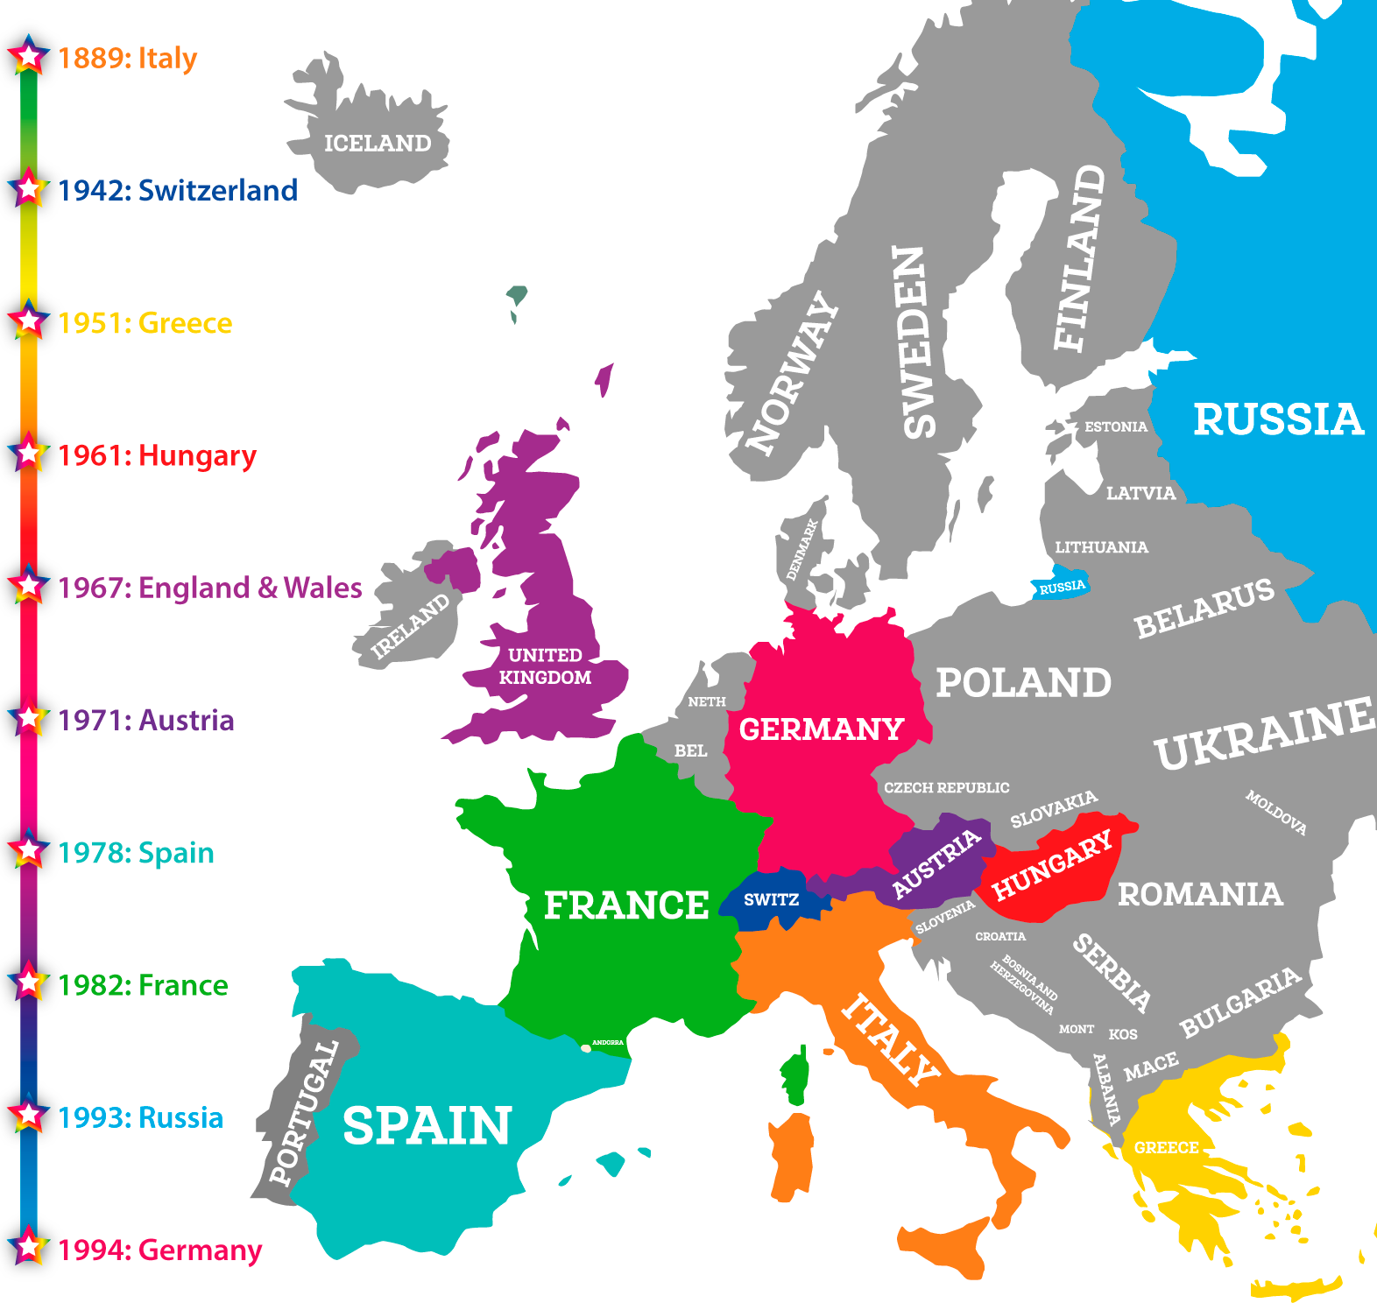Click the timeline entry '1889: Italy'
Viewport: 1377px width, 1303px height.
127,59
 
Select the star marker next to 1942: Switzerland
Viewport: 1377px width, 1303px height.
29,189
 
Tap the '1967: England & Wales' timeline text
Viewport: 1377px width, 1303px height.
209,588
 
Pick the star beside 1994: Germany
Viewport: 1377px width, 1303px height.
29,1248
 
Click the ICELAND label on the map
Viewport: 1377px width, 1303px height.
378,144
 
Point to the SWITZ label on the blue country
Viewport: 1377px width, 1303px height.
771,900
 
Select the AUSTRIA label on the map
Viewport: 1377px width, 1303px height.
936,863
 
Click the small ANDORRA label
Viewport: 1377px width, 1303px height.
607,1042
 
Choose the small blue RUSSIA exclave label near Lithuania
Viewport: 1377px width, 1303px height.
1062,587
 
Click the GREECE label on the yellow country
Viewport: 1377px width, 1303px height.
1166,1148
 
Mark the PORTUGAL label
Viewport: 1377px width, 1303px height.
303,1113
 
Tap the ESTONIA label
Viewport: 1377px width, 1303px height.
1115,427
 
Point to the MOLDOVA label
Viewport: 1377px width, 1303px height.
1276,813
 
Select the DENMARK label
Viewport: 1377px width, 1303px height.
801,549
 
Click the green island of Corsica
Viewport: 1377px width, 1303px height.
795,1078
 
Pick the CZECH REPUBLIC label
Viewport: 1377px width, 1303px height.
946,788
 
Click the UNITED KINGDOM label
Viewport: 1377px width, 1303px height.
545,666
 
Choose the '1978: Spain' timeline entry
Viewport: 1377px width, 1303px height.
136,853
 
